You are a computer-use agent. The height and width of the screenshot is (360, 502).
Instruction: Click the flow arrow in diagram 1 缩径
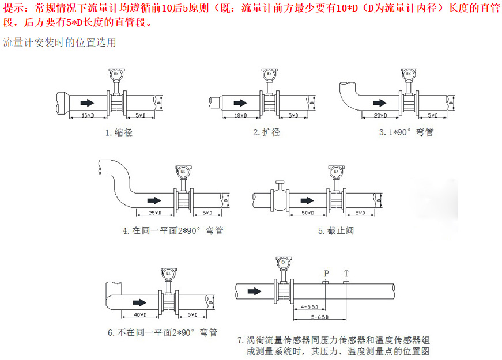[87, 103]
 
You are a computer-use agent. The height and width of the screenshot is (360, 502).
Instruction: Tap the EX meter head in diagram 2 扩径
[268, 74]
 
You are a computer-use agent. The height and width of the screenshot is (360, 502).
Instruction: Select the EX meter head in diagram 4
[184, 172]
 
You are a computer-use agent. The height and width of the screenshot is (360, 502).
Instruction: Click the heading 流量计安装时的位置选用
[59, 42]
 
